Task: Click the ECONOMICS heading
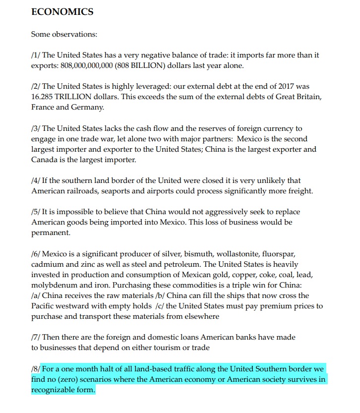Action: pyautogui.click(x=62, y=12)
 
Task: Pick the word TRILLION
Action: pyautogui.click(x=78, y=97)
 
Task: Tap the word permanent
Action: pyautogui.click(x=51, y=233)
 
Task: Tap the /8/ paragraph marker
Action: pyautogui.click(x=36, y=369)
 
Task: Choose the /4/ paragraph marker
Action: pyautogui.click(x=36, y=180)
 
